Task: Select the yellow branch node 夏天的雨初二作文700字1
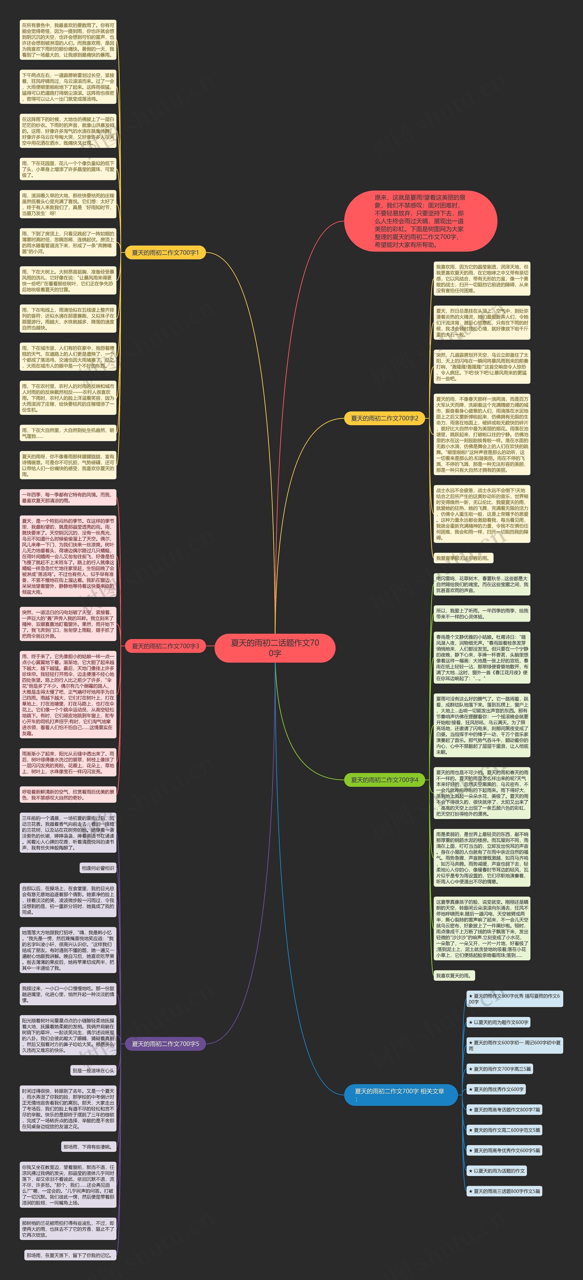click(x=165, y=252)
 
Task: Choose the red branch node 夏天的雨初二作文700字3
click(x=165, y=646)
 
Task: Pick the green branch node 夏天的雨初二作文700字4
click(x=384, y=780)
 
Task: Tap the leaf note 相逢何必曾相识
click(x=98, y=868)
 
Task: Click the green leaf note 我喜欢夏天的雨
click(x=453, y=975)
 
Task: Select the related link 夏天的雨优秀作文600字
click(x=496, y=1089)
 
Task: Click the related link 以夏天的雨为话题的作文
click(x=496, y=1171)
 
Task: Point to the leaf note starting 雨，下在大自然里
click(x=68, y=433)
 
